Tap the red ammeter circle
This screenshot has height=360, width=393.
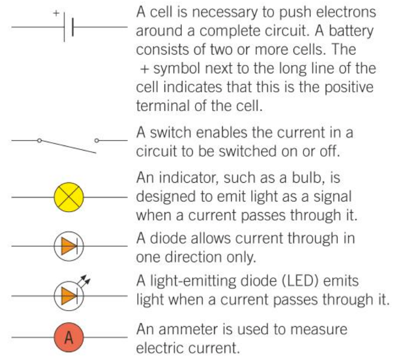(69, 337)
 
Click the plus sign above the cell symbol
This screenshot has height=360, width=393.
(56, 12)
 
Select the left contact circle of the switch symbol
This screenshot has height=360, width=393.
(39, 141)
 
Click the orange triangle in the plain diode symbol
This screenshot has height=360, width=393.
(67, 245)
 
